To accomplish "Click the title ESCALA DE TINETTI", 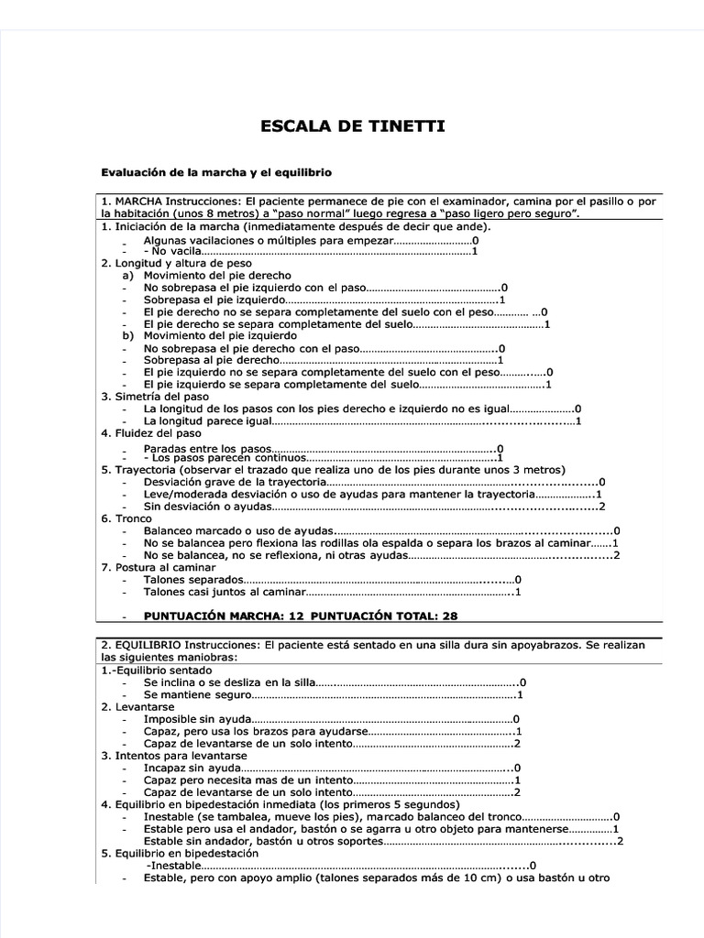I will (355, 125).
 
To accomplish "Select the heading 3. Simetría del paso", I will (155, 397).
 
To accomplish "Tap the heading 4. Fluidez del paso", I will (151, 432).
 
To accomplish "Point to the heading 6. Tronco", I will (126, 518).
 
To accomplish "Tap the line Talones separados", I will (193, 580).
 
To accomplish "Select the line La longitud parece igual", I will (207, 420).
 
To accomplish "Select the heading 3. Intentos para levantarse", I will (173, 756).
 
